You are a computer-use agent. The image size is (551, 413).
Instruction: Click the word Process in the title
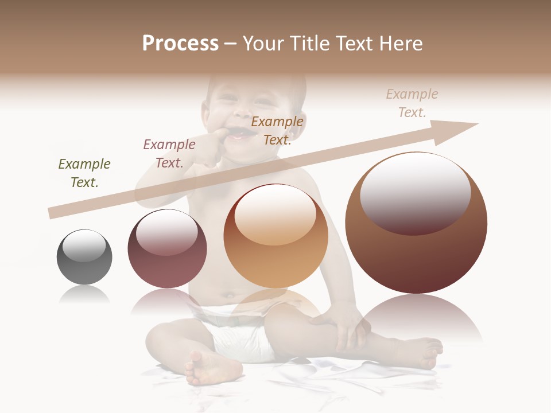(180, 44)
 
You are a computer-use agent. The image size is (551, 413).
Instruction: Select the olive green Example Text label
(84, 173)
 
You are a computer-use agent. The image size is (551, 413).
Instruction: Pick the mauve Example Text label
(169, 154)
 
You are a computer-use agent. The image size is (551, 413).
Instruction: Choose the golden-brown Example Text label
(277, 130)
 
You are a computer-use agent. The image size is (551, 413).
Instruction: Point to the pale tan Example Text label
(412, 103)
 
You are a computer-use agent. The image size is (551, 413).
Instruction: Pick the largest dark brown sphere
(416, 252)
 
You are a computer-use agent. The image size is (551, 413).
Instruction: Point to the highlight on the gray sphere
(84, 246)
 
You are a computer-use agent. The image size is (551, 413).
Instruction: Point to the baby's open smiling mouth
(241, 135)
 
